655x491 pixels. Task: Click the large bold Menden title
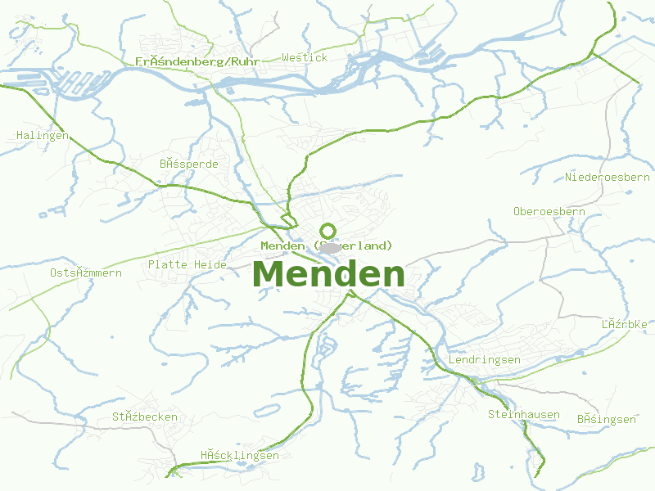click(x=329, y=274)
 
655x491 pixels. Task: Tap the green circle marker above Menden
click(x=327, y=231)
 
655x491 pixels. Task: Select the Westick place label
click(x=305, y=57)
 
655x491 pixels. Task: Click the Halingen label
click(x=43, y=135)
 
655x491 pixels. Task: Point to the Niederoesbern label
click(x=607, y=177)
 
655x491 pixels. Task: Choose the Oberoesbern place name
click(x=549, y=211)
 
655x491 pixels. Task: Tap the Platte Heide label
click(x=187, y=264)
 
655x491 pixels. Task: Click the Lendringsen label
click(x=485, y=360)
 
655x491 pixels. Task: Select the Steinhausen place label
click(x=523, y=414)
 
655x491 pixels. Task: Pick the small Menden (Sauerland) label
click(x=327, y=245)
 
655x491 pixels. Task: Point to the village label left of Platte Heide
click(x=85, y=273)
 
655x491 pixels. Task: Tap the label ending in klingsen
click(x=239, y=456)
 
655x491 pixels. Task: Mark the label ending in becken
click(x=145, y=417)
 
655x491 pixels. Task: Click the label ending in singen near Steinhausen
click(x=606, y=419)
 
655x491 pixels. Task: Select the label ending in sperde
click(x=189, y=164)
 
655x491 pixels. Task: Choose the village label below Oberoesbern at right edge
click(x=624, y=324)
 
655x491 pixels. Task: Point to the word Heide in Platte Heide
click(x=210, y=264)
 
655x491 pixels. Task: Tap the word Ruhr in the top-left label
click(x=246, y=61)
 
